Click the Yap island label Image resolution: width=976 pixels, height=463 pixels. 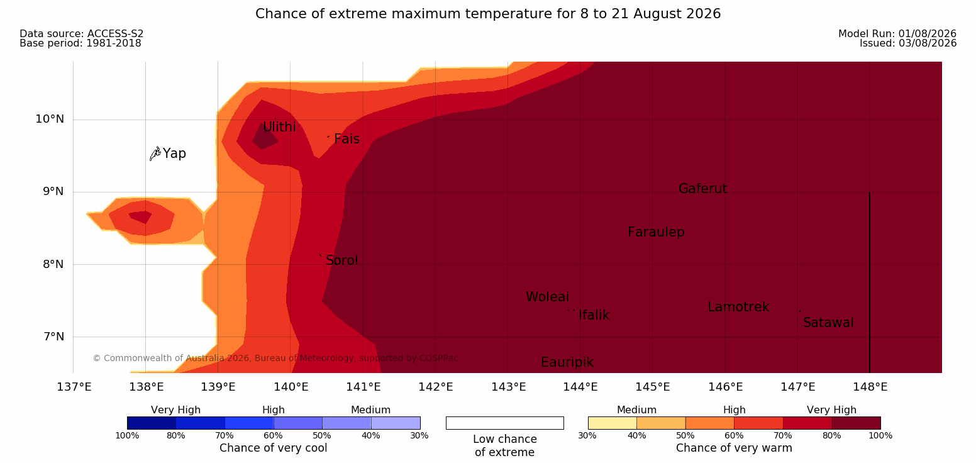[174, 153]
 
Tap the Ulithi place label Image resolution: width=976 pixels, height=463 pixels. [279, 127]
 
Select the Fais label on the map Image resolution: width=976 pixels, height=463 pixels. [347, 139]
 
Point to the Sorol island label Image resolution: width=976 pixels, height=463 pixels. [342, 260]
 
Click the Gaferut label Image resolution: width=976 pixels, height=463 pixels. [703, 189]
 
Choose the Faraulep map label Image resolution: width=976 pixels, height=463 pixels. [656, 232]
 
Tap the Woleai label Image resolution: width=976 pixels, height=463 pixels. [547, 297]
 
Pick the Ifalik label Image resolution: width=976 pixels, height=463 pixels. [594, 315]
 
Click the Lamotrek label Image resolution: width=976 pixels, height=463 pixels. [738, 308]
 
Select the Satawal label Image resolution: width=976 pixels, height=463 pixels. [828, 323]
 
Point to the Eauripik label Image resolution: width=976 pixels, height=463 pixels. [567, 363]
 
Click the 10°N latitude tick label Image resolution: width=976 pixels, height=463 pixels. [50, 119]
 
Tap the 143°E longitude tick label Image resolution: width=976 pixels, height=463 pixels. [509, 387]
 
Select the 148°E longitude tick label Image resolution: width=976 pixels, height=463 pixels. [870, 387]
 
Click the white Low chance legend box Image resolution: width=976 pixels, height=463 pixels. [505, 423]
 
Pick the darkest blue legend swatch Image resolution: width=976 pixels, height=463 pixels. [152, 423]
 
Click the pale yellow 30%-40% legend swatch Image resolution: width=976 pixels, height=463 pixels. [613, 423]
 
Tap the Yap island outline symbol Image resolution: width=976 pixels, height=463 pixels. [155, 154]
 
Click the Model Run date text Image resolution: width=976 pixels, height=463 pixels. [897, 34]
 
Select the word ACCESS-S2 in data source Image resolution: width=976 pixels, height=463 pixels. [116, 34]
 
